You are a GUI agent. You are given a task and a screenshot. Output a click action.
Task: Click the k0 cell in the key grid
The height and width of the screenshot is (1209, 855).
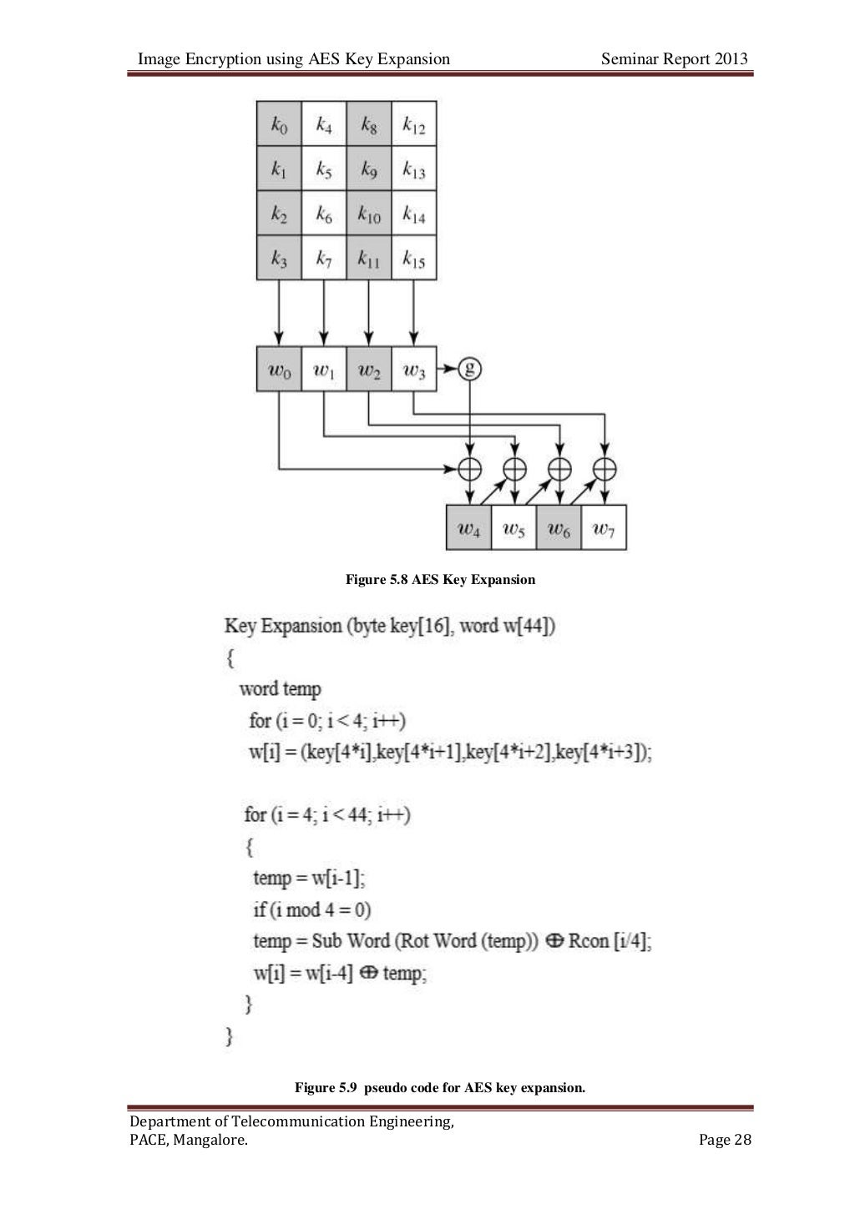(279, 124)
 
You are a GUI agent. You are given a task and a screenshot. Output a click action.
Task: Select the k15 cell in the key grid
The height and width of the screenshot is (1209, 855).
(414, 259)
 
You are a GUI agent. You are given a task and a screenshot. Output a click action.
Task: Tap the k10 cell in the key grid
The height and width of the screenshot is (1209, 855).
(369, 214)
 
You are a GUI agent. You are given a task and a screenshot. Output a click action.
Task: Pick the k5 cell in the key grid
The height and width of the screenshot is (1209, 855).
(324, 169)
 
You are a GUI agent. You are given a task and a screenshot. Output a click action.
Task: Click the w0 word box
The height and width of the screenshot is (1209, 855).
(279, 369)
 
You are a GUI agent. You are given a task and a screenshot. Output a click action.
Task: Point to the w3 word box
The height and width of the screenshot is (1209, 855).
(414, 369)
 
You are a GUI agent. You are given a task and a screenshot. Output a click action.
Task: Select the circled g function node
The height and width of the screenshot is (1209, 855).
(470, 368)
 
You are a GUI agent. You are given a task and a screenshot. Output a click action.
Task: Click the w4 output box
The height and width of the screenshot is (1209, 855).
(469, 527)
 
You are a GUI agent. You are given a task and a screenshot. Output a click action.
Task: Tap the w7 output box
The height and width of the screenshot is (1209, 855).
(604, 527)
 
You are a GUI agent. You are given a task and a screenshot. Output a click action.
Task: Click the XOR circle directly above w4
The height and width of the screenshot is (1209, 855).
(470, 469)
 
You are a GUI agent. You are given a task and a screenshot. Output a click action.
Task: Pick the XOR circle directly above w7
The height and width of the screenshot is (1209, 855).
(604, 469)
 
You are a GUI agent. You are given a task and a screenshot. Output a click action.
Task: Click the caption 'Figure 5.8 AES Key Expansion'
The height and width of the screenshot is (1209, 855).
(440, 579)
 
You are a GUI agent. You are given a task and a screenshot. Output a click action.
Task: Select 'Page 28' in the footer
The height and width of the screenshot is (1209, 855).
(725, 1140)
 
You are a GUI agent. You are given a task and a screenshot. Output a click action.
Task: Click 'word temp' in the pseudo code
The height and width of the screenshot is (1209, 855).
(280, 689)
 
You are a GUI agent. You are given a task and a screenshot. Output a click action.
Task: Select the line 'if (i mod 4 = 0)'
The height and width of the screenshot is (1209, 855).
(312, 909)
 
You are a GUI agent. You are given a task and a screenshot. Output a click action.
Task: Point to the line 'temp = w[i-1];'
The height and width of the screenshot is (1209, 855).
(309, 878)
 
